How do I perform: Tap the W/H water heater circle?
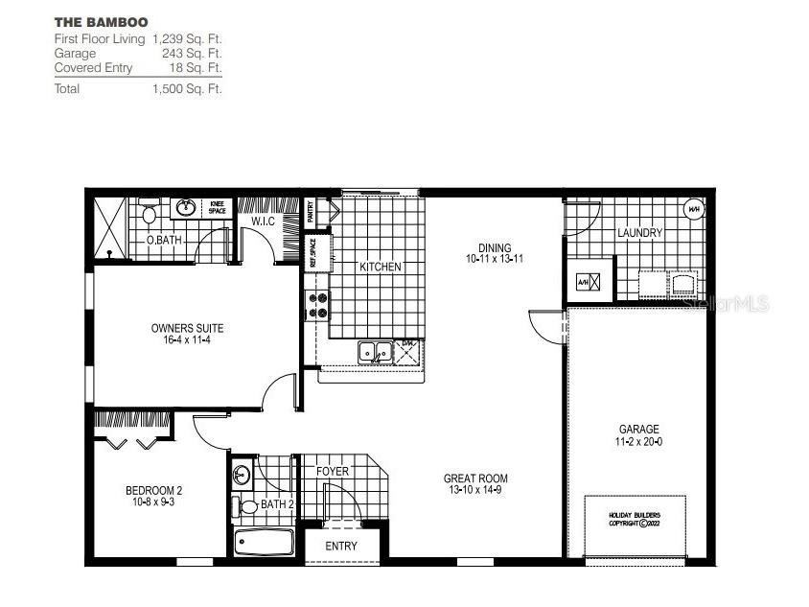(692, 209)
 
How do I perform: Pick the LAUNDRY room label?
(639, 233)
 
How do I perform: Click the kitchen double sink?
(375, 353)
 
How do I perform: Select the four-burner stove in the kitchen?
(316, 305)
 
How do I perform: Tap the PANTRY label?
(311, 211)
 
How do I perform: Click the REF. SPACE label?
(312, 251)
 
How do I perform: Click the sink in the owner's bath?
(186, 207)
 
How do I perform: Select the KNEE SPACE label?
(217, 207)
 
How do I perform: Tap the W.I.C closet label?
(265, 222)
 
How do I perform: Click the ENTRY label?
(341, 546)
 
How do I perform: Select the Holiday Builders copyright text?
(636, 520)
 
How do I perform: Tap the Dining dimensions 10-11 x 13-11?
(495, 259)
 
